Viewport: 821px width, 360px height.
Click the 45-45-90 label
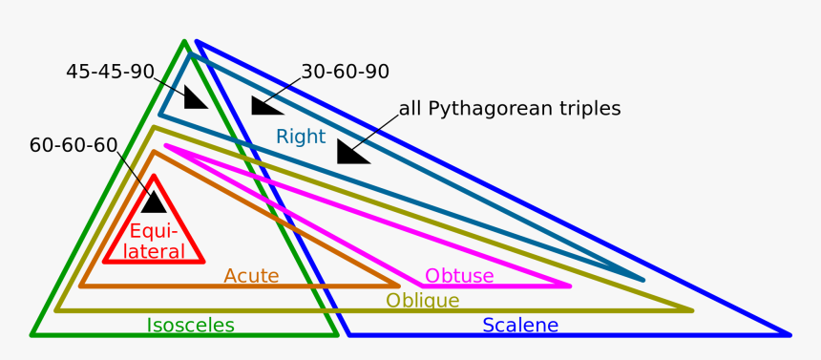click(110, 72)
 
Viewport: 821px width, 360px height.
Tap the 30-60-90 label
click(345, 72)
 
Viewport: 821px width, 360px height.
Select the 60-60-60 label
click(74, 146)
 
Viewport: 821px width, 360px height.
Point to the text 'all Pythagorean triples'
click(510, 109)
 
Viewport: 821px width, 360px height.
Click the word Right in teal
click(301, 137)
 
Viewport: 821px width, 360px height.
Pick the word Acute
click(251, 276)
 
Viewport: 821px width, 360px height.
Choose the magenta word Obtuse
click(459, 276)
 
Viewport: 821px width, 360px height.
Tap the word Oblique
click(422, 301)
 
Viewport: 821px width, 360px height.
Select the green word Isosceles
click(190, 326)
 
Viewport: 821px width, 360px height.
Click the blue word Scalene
click(520, 326)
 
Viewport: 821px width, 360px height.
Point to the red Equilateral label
click(157, 241)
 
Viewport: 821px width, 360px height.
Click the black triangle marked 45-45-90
click(194, 98)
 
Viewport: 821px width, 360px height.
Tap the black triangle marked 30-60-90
click(264, 105)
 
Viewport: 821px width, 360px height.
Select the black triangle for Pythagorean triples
click(350, 152)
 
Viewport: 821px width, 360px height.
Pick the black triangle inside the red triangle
click(154, 202)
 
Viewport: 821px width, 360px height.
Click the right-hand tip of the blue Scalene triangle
click(789, 334)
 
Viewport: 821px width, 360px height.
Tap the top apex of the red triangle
click(154, 176)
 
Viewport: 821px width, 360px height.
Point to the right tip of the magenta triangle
click(570, 285)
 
